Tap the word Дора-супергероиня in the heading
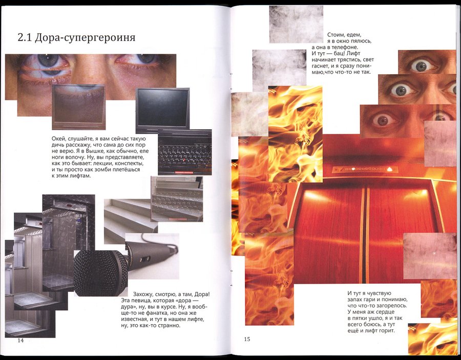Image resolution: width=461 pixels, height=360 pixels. [x=85, y=38]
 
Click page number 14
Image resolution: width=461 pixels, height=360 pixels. [x=20, y=341]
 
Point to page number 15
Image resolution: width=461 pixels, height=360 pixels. [x=247, y=339]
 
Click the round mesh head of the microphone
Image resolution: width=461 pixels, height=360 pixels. [x=100, y=273]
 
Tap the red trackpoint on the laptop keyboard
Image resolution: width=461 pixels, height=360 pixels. [x=184, y=160]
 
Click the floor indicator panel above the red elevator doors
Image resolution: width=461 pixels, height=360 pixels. [x=365, y=170]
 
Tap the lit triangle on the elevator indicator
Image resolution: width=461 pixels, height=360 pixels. [x=390, y=169]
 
